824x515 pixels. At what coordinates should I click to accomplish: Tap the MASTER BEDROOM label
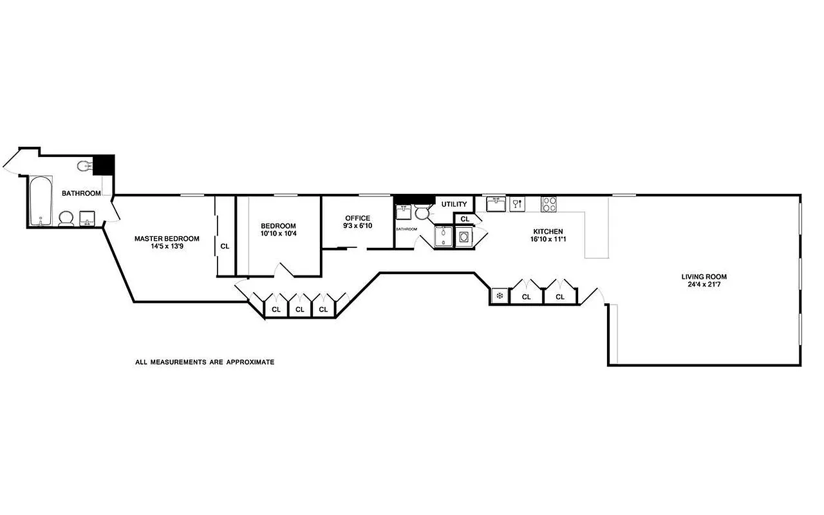coord(167,238)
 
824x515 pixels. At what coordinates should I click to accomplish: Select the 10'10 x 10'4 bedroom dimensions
coord(278,233)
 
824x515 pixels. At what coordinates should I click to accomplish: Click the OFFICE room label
coord(357,218)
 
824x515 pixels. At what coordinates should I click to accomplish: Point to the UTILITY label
coord(454,205)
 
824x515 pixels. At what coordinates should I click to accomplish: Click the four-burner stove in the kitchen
coord(549,204)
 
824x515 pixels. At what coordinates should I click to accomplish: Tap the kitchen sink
coord(495,204)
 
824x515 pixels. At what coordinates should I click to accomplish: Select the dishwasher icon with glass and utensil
coord(517,204)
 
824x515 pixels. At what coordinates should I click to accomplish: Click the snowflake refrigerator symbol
coord(499,296)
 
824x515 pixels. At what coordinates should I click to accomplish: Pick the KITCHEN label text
coord(548,232)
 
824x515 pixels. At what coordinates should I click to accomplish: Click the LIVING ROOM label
coord(704,277)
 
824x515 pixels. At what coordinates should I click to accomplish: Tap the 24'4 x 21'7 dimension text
coord(704,285)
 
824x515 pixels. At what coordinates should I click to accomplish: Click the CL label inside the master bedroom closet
coord(225,246)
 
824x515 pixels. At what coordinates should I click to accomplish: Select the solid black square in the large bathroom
coord(104,165)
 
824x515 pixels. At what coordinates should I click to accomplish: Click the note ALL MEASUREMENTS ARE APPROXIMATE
coord(205,362)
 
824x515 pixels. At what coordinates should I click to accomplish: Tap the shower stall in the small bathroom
coord(444,236)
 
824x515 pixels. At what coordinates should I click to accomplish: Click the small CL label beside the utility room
coord(465,219)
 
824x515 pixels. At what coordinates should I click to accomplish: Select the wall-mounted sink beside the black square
coord(84,167)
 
